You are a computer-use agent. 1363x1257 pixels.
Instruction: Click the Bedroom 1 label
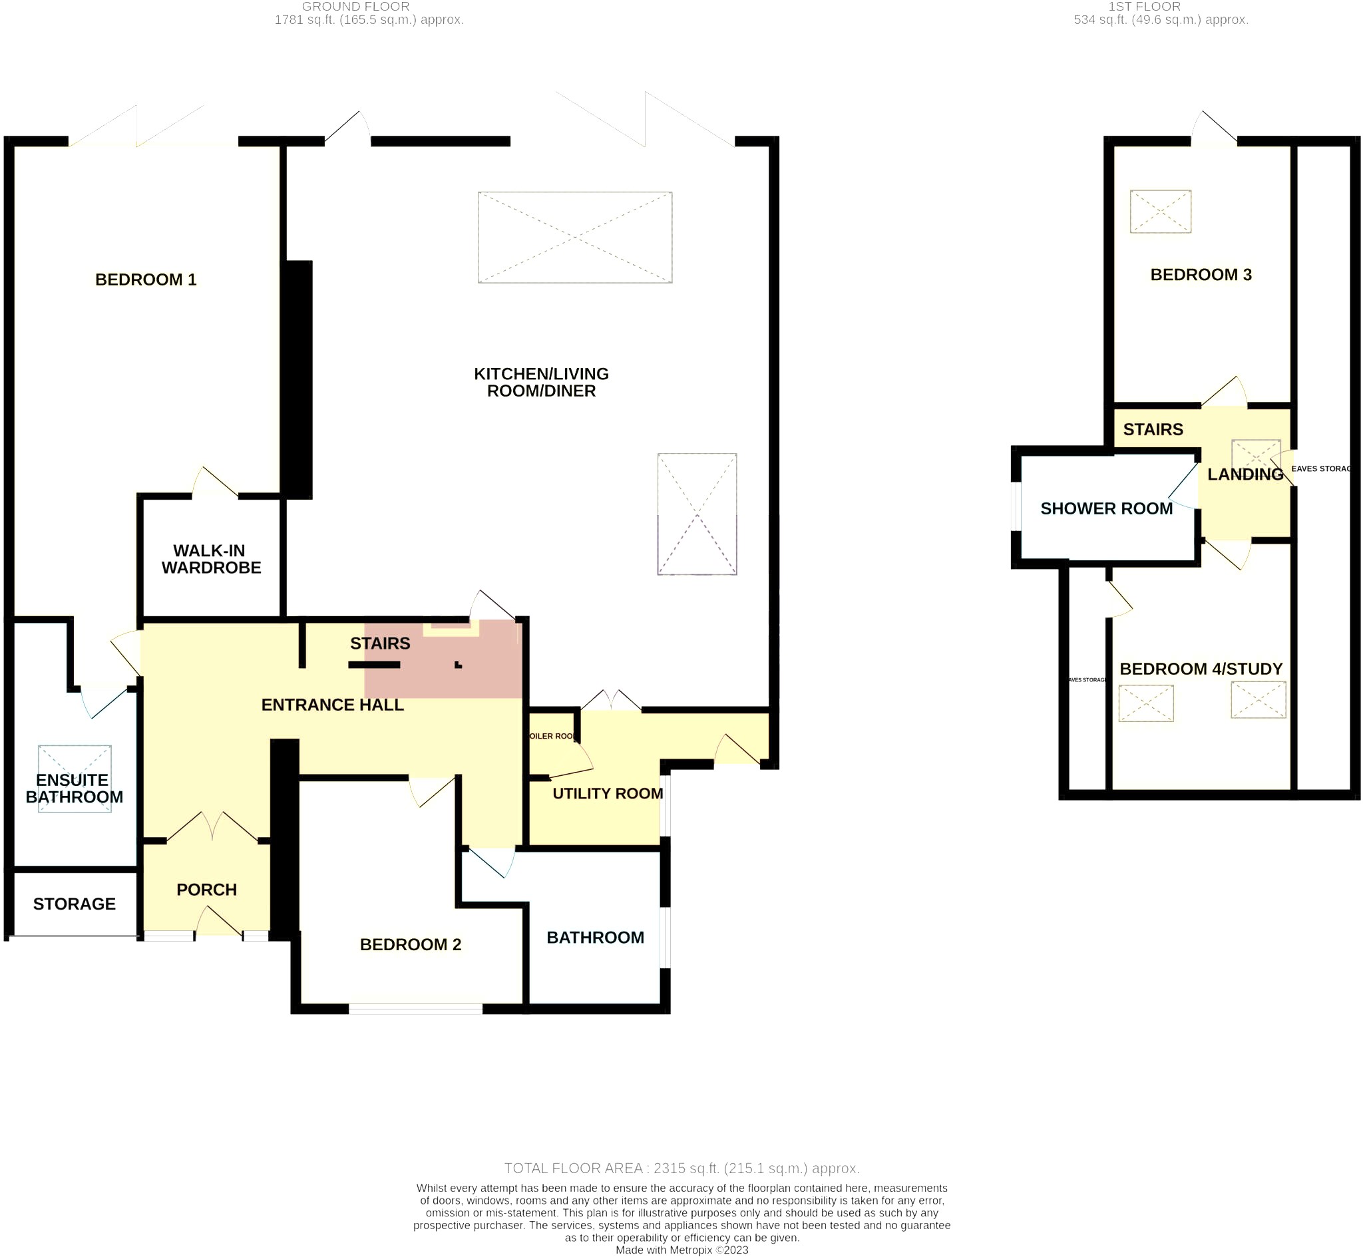point(146,279)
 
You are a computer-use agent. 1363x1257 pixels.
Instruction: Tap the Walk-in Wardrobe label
point(211,559)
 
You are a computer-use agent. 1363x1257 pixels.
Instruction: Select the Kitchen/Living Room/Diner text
point(541,382)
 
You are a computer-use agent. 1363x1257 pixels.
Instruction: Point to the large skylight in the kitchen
point(575,238)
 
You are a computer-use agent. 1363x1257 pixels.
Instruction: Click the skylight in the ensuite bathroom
point(75,779)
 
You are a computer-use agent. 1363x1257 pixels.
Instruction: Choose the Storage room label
point(74,904)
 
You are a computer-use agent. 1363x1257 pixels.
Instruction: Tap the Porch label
point(206,890)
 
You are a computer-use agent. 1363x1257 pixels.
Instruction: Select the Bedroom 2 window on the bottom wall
point(415,1009)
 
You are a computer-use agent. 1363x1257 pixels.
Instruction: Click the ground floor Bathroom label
point(595,938)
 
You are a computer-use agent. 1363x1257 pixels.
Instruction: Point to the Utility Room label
point(608,793)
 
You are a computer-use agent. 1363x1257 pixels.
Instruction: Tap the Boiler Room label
point(552,736)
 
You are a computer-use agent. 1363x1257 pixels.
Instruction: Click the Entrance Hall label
point(333,705)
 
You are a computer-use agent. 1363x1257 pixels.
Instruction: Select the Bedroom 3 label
point(1201,275)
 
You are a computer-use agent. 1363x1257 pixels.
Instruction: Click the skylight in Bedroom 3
point(1160,212)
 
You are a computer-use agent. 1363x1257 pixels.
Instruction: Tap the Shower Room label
point(1106,509)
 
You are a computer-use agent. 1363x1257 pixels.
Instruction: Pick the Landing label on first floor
point(1245,474)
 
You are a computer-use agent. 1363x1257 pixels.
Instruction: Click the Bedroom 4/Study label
point(1201,669)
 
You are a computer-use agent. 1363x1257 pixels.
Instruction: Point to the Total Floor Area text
point(681,1168)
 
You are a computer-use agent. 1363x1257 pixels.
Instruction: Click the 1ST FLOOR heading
point(1144,7)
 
